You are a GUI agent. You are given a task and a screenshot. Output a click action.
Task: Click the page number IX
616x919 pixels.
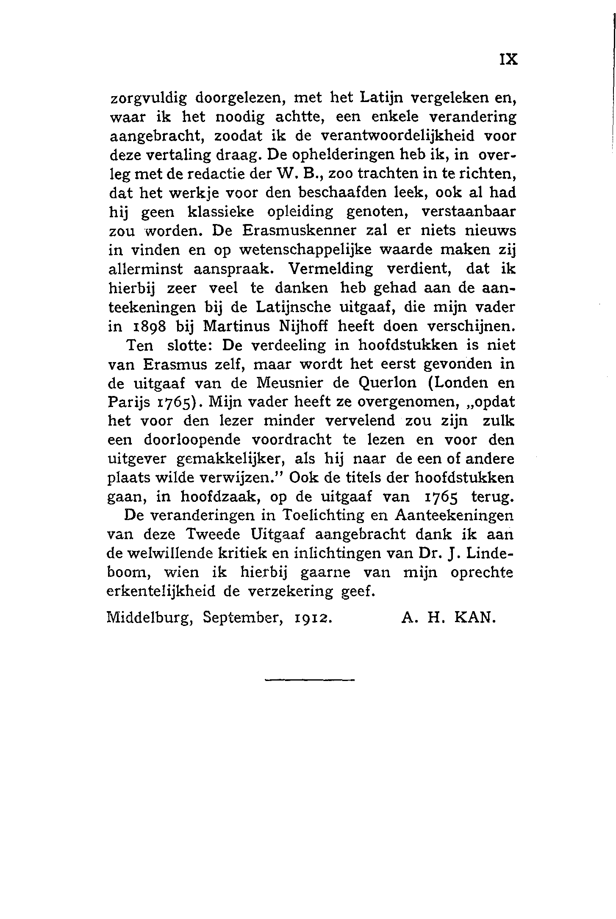point(508,60)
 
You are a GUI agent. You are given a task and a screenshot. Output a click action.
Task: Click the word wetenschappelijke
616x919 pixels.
point(305,250)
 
